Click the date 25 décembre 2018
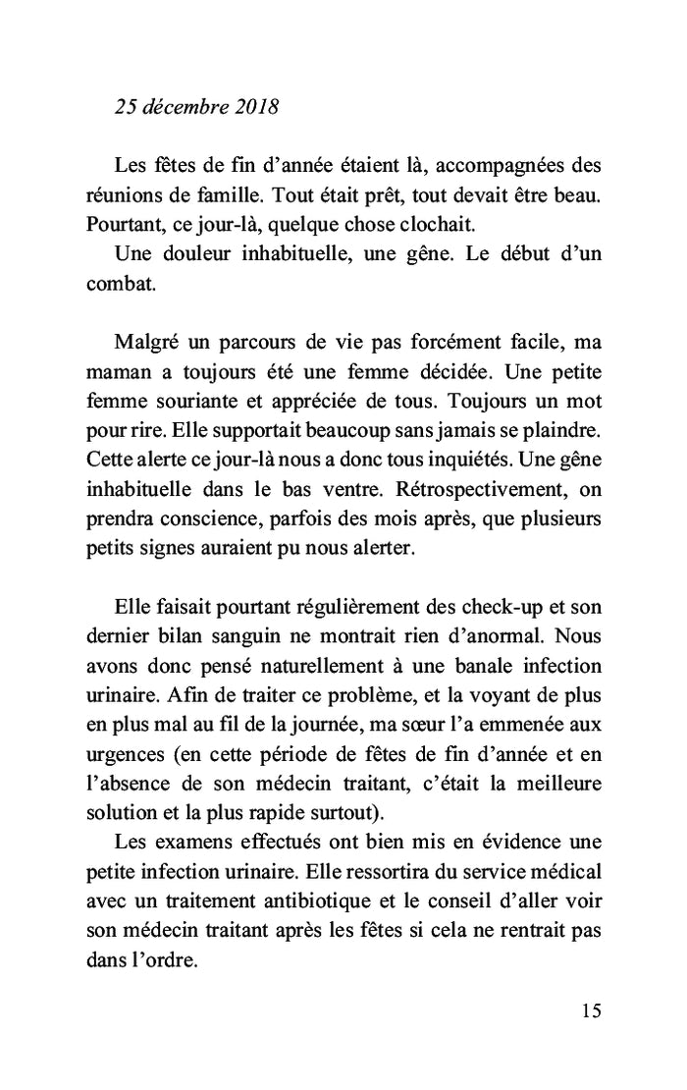pyautogui.click(x=196, y=107)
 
